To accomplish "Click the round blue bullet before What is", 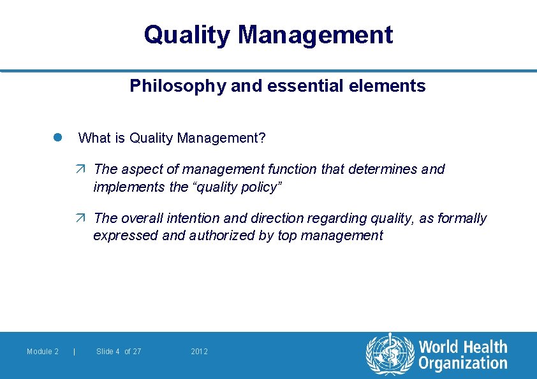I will click(x=57, y=138).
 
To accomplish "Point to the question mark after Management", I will click(x=262, y=138).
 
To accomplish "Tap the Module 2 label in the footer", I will click(x=43, y=352).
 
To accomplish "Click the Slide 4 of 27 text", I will click(x=119, y=352).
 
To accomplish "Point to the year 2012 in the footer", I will click(x=200, y=352).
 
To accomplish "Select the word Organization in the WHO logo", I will click(x=462, y=364).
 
